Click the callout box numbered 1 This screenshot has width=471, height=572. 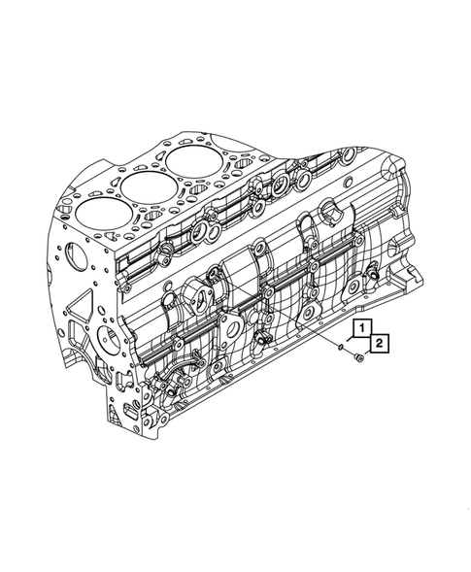click(361, 328)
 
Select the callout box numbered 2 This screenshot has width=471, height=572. click(380, 343)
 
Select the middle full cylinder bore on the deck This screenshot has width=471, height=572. click(149, 186)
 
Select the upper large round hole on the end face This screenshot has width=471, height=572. click(77, 255)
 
